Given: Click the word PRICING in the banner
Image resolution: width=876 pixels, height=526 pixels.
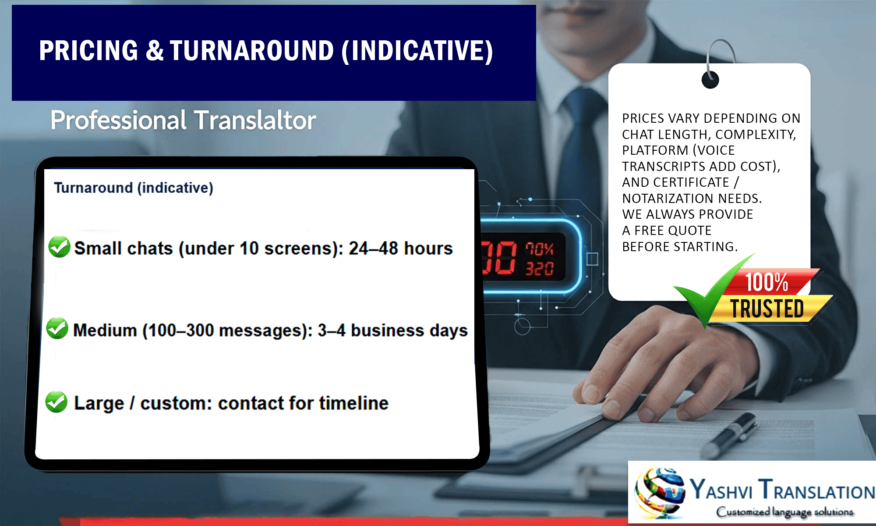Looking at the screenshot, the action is (89, 51).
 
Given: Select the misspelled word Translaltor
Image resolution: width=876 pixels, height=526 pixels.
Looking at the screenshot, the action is (255, 120).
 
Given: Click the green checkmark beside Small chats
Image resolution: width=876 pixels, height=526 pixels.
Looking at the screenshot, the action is (59, 247).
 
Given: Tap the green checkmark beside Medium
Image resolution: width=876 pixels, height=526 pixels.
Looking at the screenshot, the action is (57, 328).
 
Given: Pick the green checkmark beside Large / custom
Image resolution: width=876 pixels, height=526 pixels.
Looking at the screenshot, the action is (57, 402).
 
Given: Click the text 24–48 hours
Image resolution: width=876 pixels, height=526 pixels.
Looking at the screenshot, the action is (400, 249).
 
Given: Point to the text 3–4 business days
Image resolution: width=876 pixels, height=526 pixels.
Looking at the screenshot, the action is (392, 331).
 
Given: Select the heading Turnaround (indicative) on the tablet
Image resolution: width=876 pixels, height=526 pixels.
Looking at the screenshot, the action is (134, 188).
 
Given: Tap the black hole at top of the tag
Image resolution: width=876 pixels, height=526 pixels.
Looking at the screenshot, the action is (710, 80).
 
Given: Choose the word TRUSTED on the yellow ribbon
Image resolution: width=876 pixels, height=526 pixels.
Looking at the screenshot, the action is (767, 309).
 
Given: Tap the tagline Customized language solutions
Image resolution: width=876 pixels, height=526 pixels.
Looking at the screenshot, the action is (784, 512).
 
